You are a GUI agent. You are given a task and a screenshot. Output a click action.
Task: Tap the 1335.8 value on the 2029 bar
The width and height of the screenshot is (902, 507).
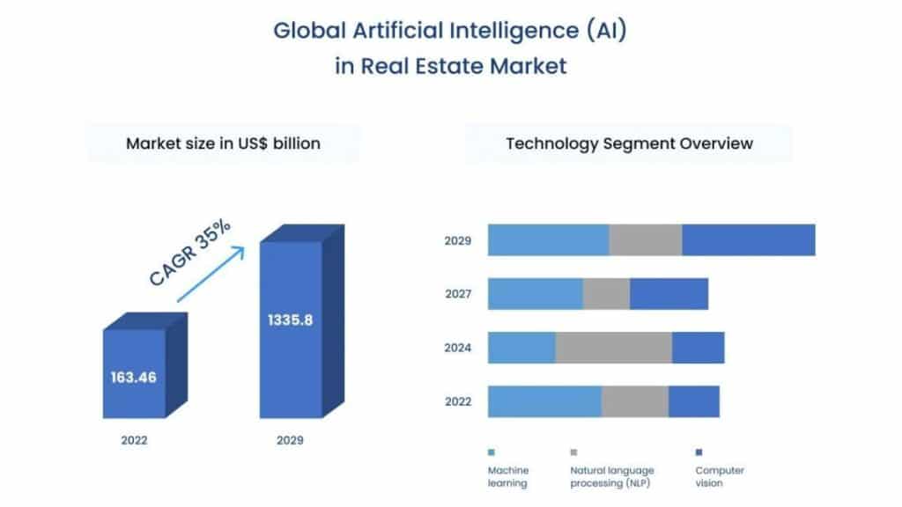pyautogui.click(x=290, y=320)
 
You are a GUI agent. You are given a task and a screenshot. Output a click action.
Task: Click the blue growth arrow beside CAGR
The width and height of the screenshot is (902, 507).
pyautogui.click(x=211, y=275)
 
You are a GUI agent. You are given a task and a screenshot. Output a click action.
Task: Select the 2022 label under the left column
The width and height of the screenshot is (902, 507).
pyautogui.click(x=135, y=440)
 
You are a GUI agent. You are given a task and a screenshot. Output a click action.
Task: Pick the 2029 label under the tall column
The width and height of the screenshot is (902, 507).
pyautogui.click(x=290, y=440)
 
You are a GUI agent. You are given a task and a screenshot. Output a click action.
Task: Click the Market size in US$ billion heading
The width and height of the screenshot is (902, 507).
pyautogui.click(x=223, y=143)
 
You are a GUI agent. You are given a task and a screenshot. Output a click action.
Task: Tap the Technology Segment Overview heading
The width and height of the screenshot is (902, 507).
pyautogui.click(x=629, y=143)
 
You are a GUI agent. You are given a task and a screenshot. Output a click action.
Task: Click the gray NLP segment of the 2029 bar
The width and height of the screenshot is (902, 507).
pyautogui.click(x=645, y=240)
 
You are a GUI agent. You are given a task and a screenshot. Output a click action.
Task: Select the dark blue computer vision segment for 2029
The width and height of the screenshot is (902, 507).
pyautogui.click(x=748, y=240)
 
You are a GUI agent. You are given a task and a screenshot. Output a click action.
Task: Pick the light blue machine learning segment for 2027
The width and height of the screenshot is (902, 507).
pyautogui.click(x=536, y=294)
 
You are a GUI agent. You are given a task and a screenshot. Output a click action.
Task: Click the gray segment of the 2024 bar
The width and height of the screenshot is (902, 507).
pyautogui.click(x=613, y=348)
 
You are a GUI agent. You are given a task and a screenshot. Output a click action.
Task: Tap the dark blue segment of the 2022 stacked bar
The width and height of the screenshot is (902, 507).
pyautogui.click(x=693, y=401)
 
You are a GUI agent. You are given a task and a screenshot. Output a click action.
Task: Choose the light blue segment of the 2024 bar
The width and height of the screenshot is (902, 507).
pyautogui.click(x=521, y=348)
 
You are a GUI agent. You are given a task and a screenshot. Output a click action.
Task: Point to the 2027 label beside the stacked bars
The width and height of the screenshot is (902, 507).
pyautogui.click(x=458, y=294)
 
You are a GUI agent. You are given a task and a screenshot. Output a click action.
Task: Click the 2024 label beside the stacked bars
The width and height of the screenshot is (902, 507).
pyautogui.click(x=458, y=348)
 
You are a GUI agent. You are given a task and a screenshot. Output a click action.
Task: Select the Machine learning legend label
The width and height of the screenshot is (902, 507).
pyautogui.click(x=508, y=476)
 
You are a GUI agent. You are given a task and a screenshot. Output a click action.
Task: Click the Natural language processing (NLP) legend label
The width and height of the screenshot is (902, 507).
pyautogui.click(x=613, y=476)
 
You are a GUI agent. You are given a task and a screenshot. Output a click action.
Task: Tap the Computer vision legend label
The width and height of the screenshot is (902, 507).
pyautogui.click(x=720, y=476)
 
